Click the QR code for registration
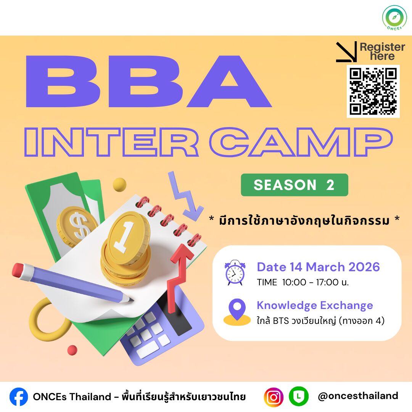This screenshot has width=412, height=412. point(373,91)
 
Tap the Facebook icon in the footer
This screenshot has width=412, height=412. point(19,397)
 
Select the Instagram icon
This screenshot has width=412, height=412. point(274,397)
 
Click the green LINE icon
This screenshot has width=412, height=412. point(298,396)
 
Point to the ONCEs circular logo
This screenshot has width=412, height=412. point(394,18)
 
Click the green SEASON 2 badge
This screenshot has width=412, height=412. point(294,185)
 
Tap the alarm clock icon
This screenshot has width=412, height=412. point(235,272)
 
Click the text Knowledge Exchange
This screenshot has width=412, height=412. point(315,306)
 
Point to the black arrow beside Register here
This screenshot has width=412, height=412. point(346,52)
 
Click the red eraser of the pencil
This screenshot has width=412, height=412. point(18,270)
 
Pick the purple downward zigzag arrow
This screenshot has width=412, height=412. point(185,195)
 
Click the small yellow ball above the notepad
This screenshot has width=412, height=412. point(119,185)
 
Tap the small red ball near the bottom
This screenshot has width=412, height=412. point(72,350)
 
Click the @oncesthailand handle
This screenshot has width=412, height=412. point(358,396)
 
